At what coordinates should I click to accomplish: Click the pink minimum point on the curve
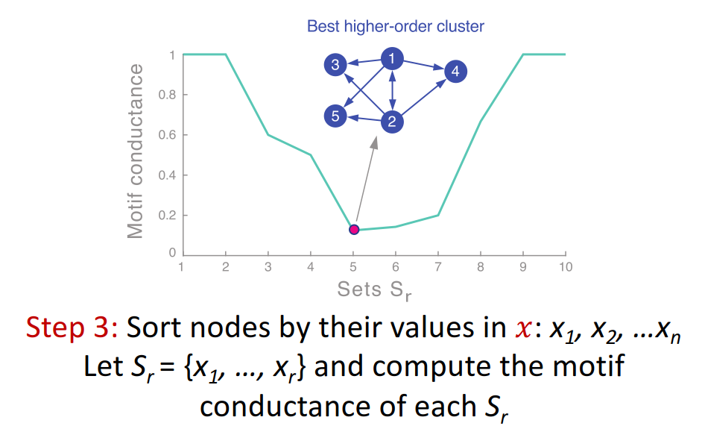point(354,229)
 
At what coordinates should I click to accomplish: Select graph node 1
point(392,59)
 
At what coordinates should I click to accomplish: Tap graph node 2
point(392,122)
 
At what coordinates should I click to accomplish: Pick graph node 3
point(335,65)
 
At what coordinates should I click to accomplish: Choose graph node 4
point(456,72)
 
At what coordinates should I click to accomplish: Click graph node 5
point(335,116)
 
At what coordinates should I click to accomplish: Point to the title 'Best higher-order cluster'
point(396,27)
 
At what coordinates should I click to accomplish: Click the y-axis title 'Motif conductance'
point(135,151)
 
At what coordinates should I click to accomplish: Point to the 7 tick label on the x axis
point(438,267)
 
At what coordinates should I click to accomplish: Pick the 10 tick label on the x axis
point(566,267)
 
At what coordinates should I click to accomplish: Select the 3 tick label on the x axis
point(268,267)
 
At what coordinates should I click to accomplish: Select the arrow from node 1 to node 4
point(424,65)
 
